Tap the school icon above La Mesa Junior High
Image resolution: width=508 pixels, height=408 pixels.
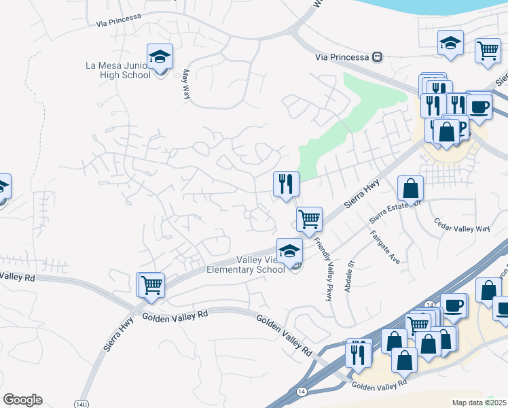click(x=160, y=56)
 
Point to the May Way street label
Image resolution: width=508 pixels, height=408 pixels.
click(x=185, y=84)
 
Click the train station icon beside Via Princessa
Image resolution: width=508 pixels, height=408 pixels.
click(x=377, y=57)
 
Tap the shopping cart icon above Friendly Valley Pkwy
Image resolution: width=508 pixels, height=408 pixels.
click(x=309, y=220)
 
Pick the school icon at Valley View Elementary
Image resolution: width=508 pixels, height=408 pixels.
click(x=289, y=250)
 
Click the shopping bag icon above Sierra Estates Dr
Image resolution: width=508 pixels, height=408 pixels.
click(x=411, y=188)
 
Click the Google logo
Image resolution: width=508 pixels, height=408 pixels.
click(x=22, y=400)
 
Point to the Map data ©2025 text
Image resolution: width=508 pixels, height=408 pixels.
click(x=479, y=403)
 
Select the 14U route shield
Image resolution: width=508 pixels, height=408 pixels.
click(x=82, y=404)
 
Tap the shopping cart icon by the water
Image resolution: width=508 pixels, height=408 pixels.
click(x=488, y=50)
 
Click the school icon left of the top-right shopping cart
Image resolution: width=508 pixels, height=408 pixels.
click(x=450, y=43)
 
